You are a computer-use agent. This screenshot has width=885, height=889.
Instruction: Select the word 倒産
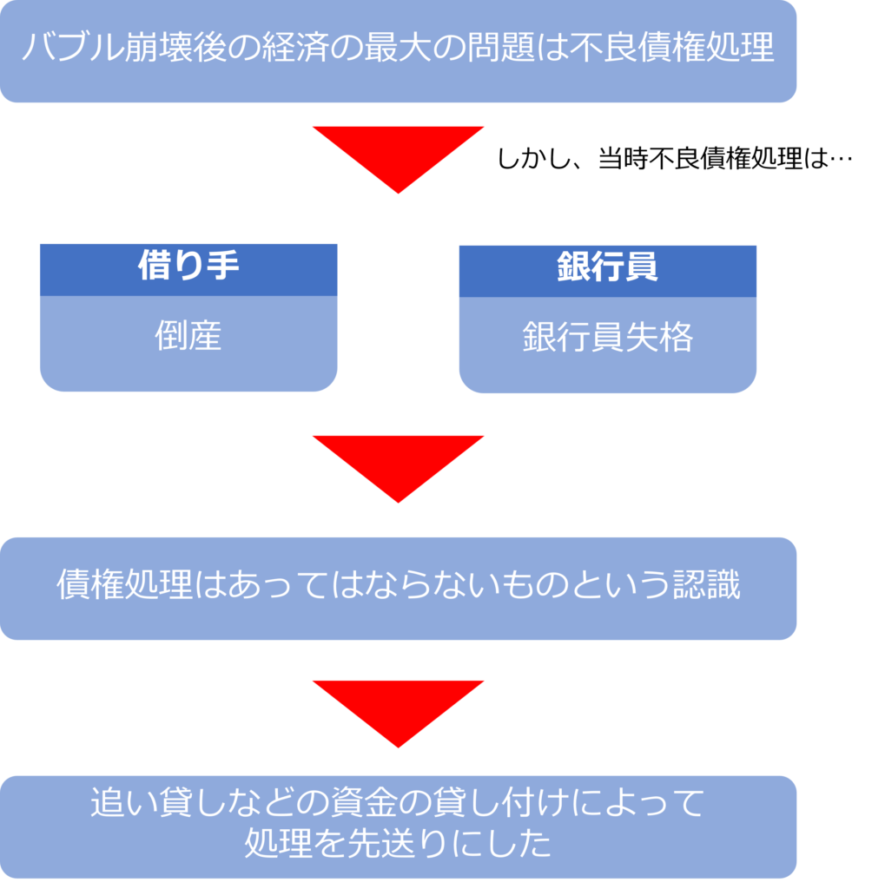click(188, 336)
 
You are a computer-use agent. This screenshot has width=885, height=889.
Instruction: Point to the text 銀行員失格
click(607, 338)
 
